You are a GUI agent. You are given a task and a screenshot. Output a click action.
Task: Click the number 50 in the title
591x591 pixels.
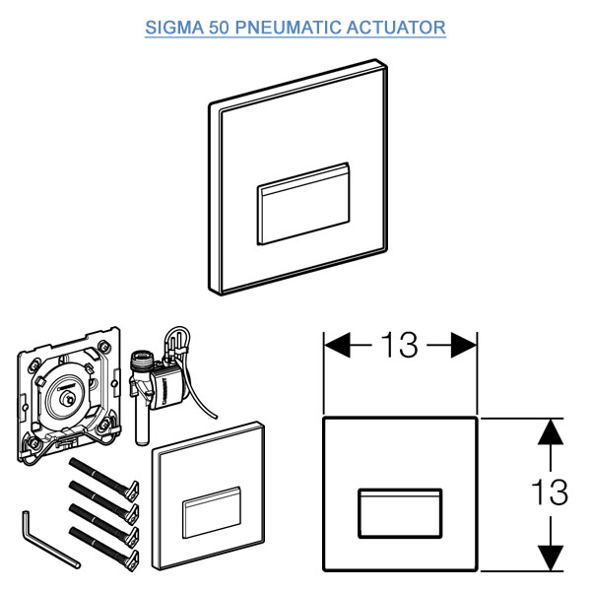[219, 28]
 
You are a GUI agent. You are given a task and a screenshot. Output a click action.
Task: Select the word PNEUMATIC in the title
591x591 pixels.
[288, 28]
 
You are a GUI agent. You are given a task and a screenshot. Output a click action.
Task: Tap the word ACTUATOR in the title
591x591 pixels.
[396, 28]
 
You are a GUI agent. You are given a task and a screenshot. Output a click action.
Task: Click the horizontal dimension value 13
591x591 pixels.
[400, 345]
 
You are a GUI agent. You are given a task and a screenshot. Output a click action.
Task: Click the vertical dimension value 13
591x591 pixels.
[550, 492]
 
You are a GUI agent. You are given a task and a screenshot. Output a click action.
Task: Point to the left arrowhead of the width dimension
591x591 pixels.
[337, 345]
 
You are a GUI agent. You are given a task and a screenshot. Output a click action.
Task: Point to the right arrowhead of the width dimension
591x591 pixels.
[464, 345]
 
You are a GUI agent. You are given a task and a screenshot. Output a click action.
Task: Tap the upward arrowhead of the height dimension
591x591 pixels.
[551, 431]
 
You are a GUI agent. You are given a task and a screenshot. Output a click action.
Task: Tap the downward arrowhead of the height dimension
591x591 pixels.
[551, 558]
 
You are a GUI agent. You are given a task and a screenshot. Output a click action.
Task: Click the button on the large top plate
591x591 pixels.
[303, 204]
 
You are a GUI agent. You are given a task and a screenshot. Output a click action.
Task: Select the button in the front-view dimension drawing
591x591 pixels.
[400, 513]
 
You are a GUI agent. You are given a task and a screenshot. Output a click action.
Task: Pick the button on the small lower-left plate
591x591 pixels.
[212, 512]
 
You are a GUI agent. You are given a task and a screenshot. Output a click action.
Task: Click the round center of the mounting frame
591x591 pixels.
[68, 397]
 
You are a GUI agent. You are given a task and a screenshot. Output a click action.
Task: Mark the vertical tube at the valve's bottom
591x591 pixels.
[142, 426]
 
